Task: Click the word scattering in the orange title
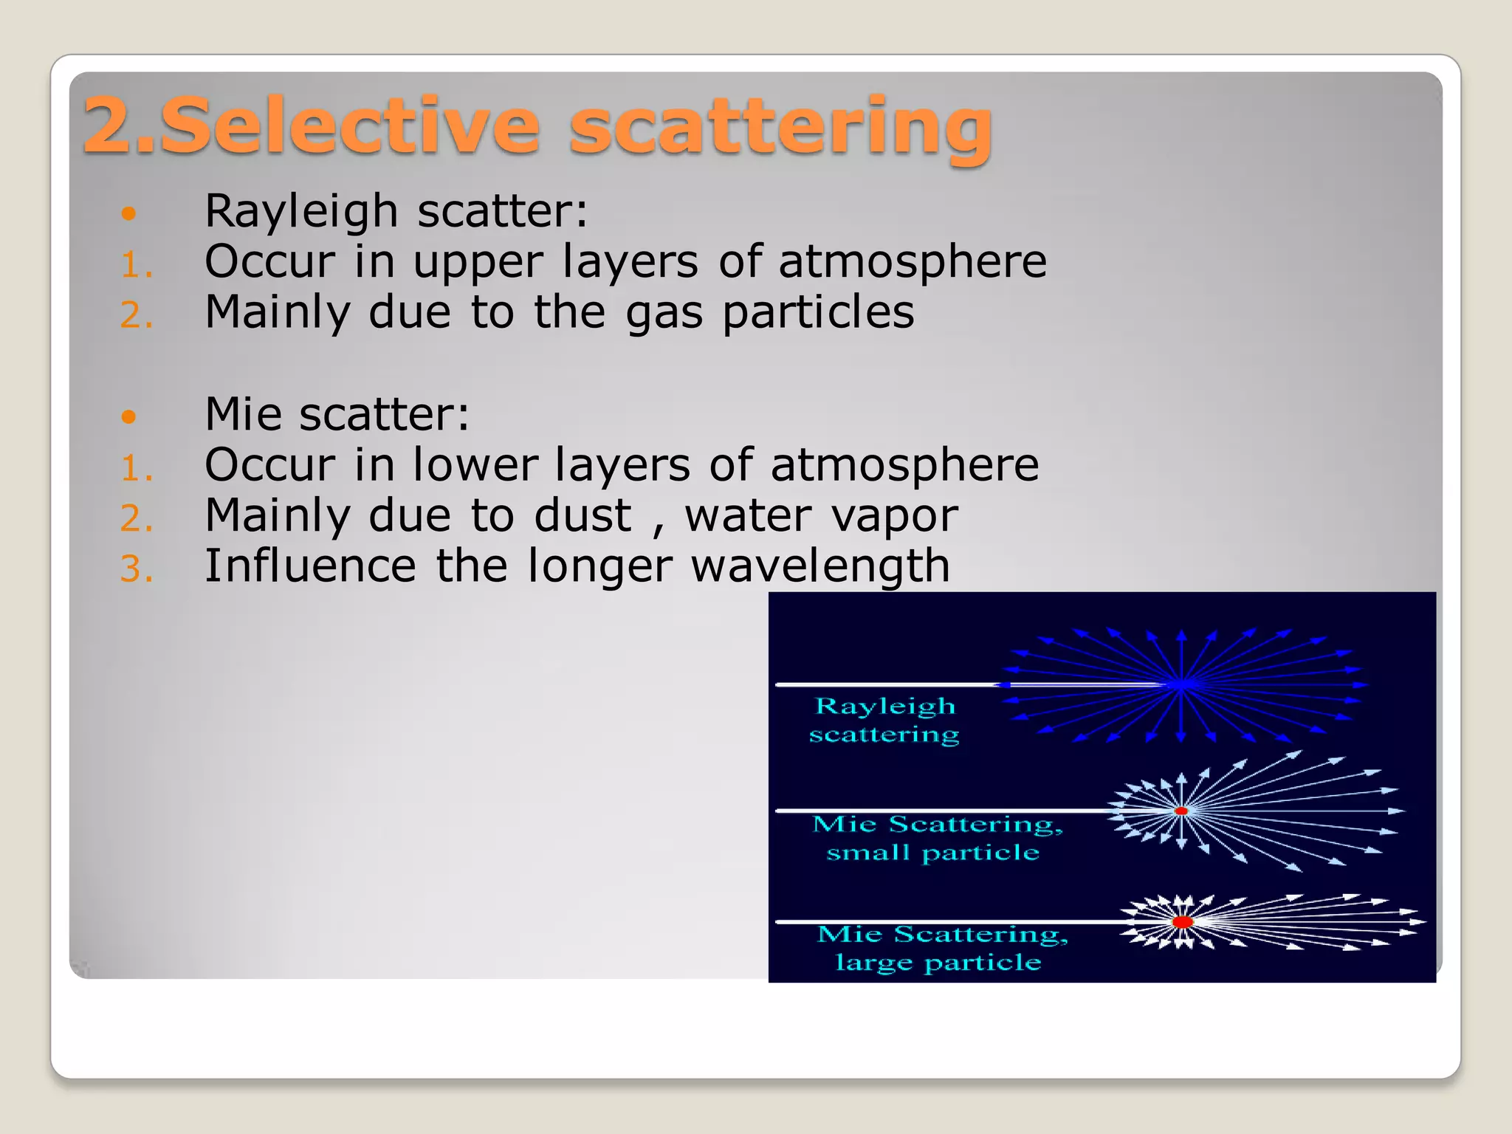pyautogui.click(x=780, y=127)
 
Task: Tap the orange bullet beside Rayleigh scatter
pyautogui.click(x=129, y=214)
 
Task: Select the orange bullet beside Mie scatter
pyautogui.click(x=129, y=417)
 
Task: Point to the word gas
pyautogui.click(x=664, y=313)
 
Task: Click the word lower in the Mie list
pyautogui.click(x=474, y=465)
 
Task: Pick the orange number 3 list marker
pyautogui.click(x=137, y=569)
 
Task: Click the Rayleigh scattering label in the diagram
pyautogui.click(x=884, y=720)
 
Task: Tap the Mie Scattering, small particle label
pyautogui.click(x=936, y=838)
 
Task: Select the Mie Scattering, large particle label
pyautogui.click(x=941, y=948)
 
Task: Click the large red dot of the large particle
pyautogui.click(x=1182, y=922)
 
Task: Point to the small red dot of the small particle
pyautogui.click(x=1181, y=811)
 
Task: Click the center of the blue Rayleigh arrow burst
pyautogui.click(x=1181, y=685)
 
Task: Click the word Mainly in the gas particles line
pyautogui.click(x=277, y=313)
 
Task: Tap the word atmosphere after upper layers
pyautogui.click(x=913, y=262)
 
